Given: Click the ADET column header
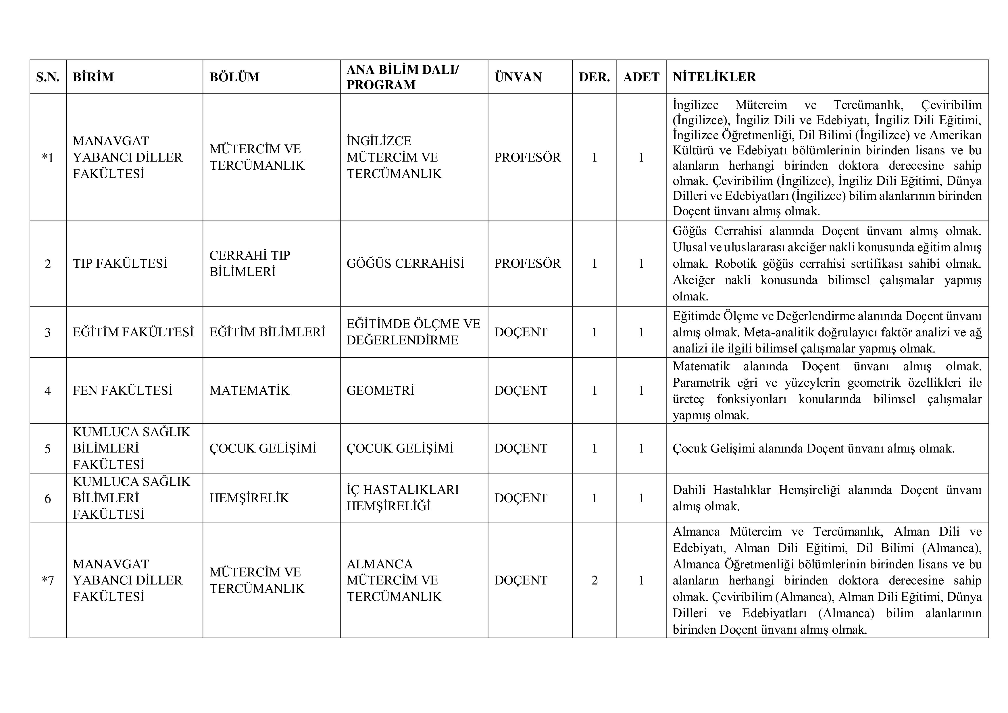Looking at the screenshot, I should click(x=641, y=77).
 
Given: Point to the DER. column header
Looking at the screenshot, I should click(x=594, y=77).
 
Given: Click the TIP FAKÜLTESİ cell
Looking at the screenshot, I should click(x=120, y=264).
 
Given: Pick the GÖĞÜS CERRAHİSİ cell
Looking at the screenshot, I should click(x=405, y=264).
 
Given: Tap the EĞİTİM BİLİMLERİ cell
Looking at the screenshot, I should click(x=267, y=332).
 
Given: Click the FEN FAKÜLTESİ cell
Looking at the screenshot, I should click(x=122, y=390).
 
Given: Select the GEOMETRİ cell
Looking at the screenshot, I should click(x=380, y=390).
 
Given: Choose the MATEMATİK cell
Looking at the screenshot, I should click(x=249, y=390).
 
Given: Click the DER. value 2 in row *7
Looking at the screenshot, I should click(x=594, y=580).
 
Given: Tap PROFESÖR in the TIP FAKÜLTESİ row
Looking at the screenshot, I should click(x=527, y=264).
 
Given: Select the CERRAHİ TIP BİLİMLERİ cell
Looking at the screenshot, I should click(x=249, y=264).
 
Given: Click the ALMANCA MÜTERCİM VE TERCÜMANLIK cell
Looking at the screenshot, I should click(x=394, y=580).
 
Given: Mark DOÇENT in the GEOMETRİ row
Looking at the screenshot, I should click(x=521, y=390).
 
